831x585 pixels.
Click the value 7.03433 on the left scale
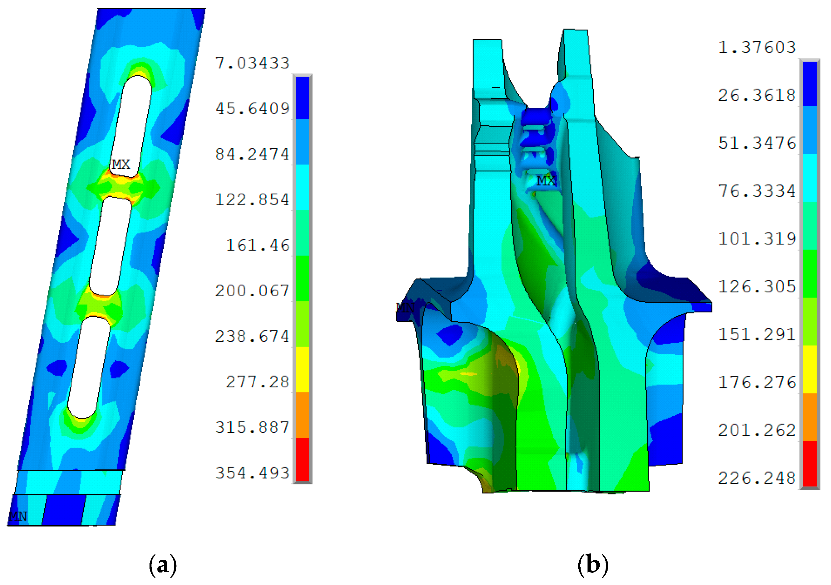[252, 63]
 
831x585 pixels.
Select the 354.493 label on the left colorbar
[252, 473]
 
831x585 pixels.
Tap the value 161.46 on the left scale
[257, 246]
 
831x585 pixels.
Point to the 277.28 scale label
[257, 382]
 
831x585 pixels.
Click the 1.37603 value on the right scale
[757, 47]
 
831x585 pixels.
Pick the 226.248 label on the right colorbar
[757, 478]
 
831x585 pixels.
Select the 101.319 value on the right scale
[757, 239]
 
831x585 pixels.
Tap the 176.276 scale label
[757, 382]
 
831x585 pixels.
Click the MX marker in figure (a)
[121, 164]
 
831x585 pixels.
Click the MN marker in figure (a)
[18, 516]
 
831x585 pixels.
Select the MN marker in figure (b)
[405, 307]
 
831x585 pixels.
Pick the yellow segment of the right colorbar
[810, 370]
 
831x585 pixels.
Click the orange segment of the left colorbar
[303, 415]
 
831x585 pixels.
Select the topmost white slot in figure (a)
[131, 125]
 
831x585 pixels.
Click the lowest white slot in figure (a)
[89, 368]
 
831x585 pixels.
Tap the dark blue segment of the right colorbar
[810, 84]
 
